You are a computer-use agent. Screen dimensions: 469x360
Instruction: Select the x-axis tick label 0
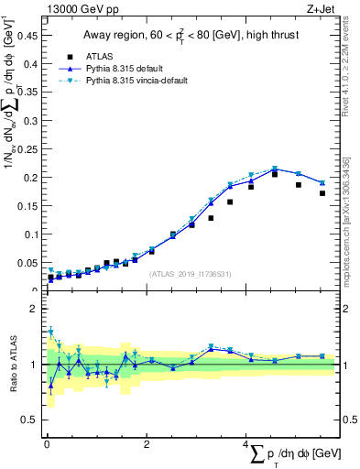click(47, 444)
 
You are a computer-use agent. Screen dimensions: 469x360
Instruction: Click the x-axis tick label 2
click(147, 444)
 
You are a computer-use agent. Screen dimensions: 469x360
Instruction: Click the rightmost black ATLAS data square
click(322, 193)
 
